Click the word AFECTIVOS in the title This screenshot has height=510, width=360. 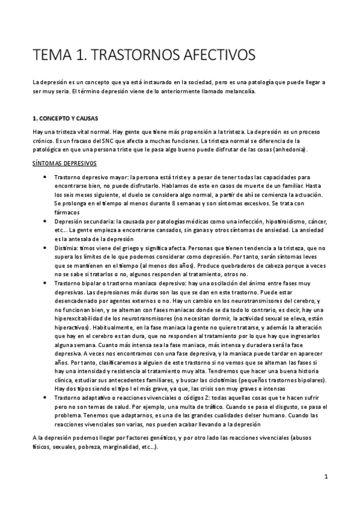coord(207,55)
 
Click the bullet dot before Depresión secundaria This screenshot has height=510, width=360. coord(46,221)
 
